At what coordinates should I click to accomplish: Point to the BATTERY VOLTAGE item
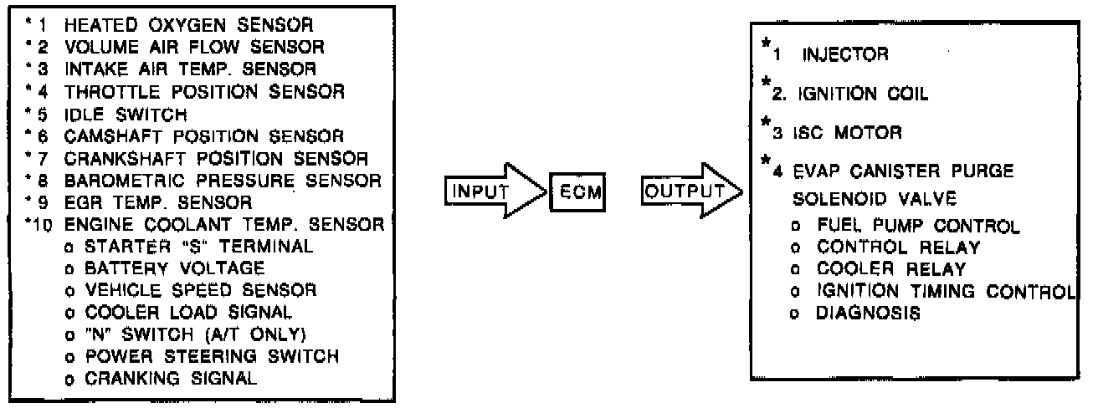click(174, 268)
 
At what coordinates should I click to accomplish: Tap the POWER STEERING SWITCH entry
click(209, 356)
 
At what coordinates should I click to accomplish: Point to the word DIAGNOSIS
click(869, 314)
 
